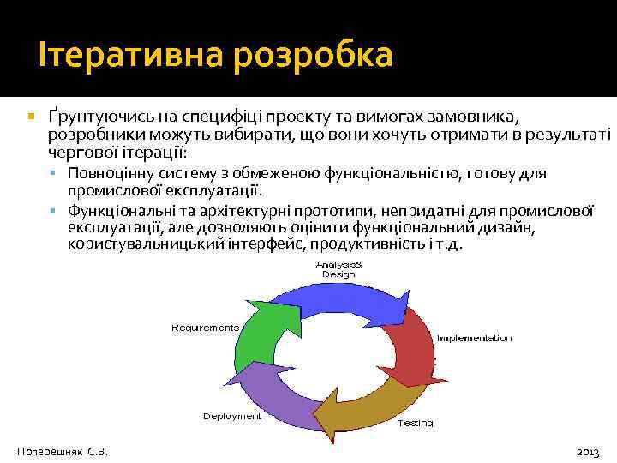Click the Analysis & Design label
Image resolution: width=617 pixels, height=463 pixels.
pyautogui.click(x=338, y=268)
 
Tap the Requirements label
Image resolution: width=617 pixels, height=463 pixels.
pyautogui.click(x=205, y=327)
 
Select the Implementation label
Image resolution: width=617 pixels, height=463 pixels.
pyautogui.click(x=474, y=339)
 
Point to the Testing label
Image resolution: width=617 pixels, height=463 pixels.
pyautogui.click(x=415, y=423)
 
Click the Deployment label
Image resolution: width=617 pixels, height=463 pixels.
pyautogui.click(x=231, y=417)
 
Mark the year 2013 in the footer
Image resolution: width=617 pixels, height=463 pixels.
pyautogui.click(x=589, y=450)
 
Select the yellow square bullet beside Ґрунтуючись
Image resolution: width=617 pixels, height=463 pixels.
pyautogui.click(x=29, y=115)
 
